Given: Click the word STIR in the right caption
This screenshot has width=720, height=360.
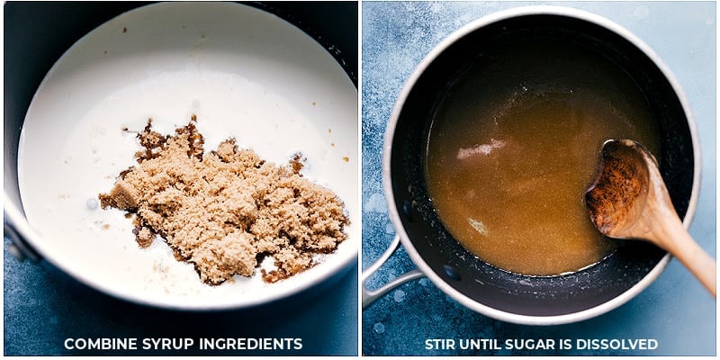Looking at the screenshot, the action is click(x=438, y=344).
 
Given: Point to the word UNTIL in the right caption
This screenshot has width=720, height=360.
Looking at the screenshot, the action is click(x=478, y=344).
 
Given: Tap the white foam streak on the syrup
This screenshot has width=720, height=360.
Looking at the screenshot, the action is click(x=481, y=148).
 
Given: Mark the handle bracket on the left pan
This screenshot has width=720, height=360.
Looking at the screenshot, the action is click(x=17, y=243).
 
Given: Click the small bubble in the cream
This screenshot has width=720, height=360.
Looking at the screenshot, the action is click(x=93, y=203).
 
